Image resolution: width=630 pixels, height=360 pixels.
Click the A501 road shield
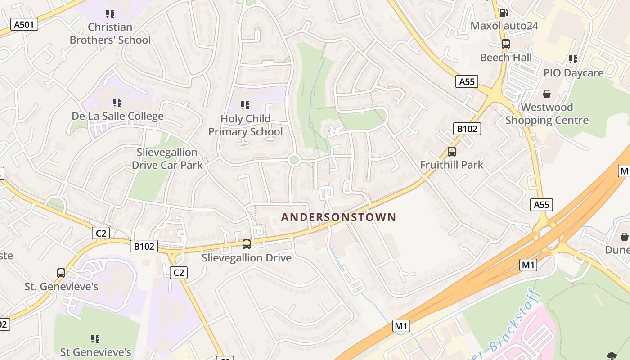coord(24,24)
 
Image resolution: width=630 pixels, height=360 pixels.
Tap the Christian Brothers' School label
coord(110,34)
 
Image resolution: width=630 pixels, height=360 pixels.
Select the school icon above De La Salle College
coord(117,103)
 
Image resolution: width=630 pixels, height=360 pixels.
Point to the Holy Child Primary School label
coord(246,125)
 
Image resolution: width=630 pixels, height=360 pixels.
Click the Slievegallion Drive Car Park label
coord(167,159)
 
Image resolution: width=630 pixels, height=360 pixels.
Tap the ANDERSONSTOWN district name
coord(338,217)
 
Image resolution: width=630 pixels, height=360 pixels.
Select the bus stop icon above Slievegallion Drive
coord(247,244)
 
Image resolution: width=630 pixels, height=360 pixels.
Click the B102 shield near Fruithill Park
coord(467,129)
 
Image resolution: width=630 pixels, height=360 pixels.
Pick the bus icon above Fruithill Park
coord(452,152)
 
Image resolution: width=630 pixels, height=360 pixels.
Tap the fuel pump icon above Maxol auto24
coord(504,13)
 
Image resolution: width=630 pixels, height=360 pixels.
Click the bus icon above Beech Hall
coord(506,44)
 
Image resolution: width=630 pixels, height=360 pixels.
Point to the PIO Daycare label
coord(573,73)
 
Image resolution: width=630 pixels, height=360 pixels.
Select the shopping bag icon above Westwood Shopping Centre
coord(547,94)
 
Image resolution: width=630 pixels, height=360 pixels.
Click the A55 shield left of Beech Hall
coord(467,81)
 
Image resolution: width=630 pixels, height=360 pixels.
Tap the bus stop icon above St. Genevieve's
coord(61,273)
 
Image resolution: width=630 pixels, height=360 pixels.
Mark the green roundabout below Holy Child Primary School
coord(294,160)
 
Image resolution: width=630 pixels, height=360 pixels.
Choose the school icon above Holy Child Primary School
coord(245,105)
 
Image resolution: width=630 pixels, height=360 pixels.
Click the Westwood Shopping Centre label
coord(547,114)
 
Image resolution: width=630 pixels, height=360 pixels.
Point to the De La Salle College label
coord(117,117)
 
